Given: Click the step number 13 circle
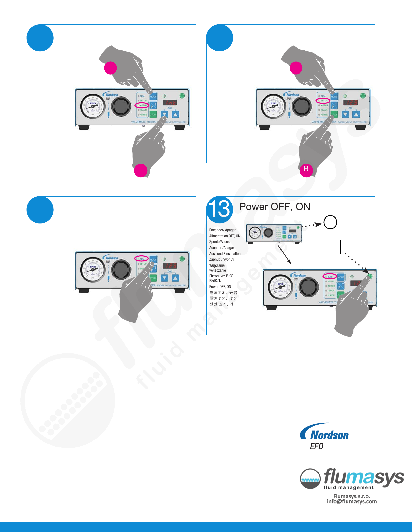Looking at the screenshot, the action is [220, 209].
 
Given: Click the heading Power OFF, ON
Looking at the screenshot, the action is [274, 207].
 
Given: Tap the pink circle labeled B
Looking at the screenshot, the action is [306, 169].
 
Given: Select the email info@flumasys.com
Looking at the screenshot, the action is [351, 502].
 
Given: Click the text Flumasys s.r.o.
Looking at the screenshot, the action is [351, 496].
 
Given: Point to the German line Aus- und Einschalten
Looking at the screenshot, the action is [225, 254].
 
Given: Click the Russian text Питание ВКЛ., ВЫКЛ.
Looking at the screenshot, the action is [222, 278].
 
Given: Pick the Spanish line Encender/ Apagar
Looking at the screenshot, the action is [222, 230].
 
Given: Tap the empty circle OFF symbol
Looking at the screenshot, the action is [330, 222].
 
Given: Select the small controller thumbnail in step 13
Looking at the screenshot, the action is [274, 233].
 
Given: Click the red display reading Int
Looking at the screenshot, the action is [170, 103].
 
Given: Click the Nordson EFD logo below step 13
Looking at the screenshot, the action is [325, 436].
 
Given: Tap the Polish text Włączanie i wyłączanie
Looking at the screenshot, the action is [218, 268].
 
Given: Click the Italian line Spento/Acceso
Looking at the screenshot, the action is [220, 242].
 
